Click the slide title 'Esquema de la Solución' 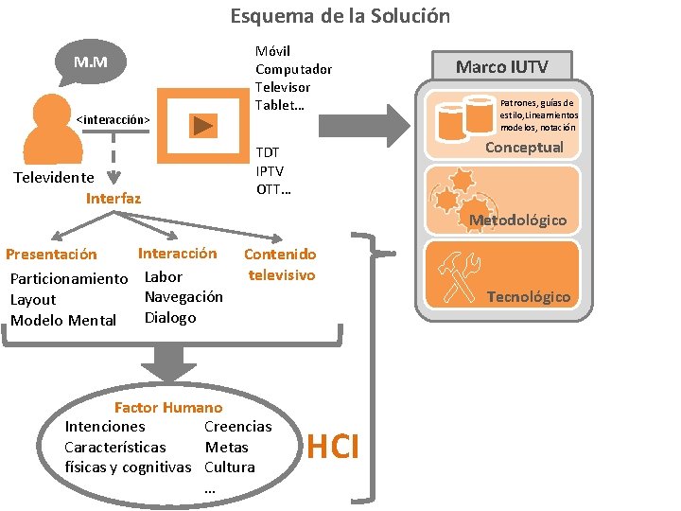(x=340, y=16)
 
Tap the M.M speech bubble (x=91, y=63)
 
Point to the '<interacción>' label (x=113, y=120)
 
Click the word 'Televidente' (x=54, y=177)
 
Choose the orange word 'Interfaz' (x=113, y=198)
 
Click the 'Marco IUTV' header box (x=500, y=66)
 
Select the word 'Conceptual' (x=524, y=147)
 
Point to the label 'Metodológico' (x=518, y=220)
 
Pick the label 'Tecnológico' (x=528, y=296)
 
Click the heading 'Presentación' (x=51, y=254)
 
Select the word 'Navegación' (x=183, y=296)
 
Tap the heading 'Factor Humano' (x=167, y=408)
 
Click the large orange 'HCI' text (x=333, y=446)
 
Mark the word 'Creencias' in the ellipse (x=237, y=427)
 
